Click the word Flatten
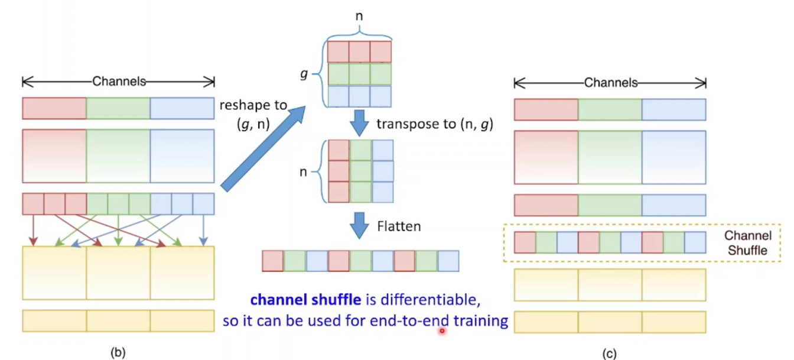(399, 226)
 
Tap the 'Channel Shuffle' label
(747, 243)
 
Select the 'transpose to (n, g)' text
(435, 124)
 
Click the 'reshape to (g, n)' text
(253, 115)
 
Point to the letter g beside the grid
(304, 74)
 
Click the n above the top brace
(359, 16)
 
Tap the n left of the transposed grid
(303, 171)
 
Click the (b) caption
(118, 352)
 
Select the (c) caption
(609, 353)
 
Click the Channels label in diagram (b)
(119, 82)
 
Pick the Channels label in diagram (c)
(611, 83)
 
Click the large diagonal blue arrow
(263, 148)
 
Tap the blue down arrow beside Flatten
(359, 226)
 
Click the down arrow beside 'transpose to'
(359, 123)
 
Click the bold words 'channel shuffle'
(305, 300)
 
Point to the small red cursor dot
(442, 331)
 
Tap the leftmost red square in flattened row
(273, 261)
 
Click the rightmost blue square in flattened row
(448, 261)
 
